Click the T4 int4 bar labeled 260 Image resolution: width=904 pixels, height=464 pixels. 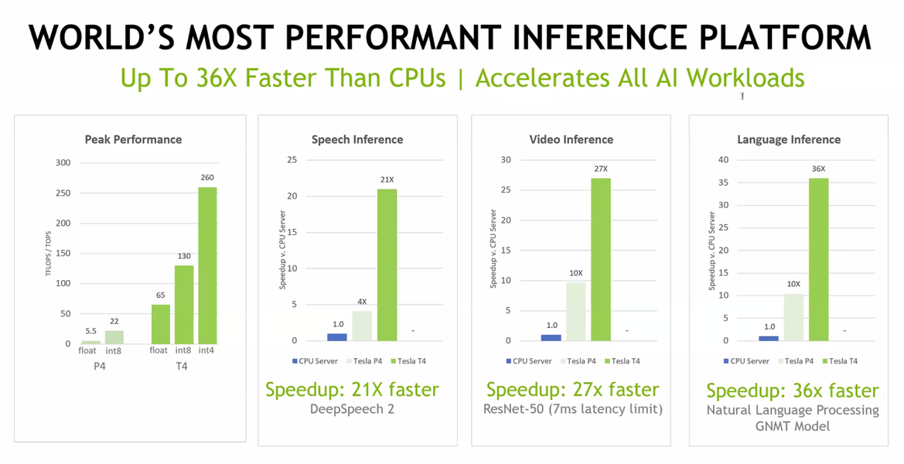207,265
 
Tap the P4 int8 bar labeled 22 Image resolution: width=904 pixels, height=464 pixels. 114,337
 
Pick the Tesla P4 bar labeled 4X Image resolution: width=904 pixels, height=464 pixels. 361,326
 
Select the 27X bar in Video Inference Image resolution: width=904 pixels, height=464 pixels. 600,259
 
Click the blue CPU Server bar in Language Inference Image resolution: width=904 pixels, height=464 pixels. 769,338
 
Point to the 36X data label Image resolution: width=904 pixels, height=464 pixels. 818,169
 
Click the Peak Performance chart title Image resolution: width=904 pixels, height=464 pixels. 133,140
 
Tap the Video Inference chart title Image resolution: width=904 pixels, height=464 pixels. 571,140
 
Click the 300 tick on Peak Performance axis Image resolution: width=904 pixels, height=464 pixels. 63,162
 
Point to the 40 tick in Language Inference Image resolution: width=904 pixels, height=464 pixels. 724,159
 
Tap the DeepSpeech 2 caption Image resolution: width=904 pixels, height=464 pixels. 352,409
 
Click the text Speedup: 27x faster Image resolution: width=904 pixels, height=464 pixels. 572,390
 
